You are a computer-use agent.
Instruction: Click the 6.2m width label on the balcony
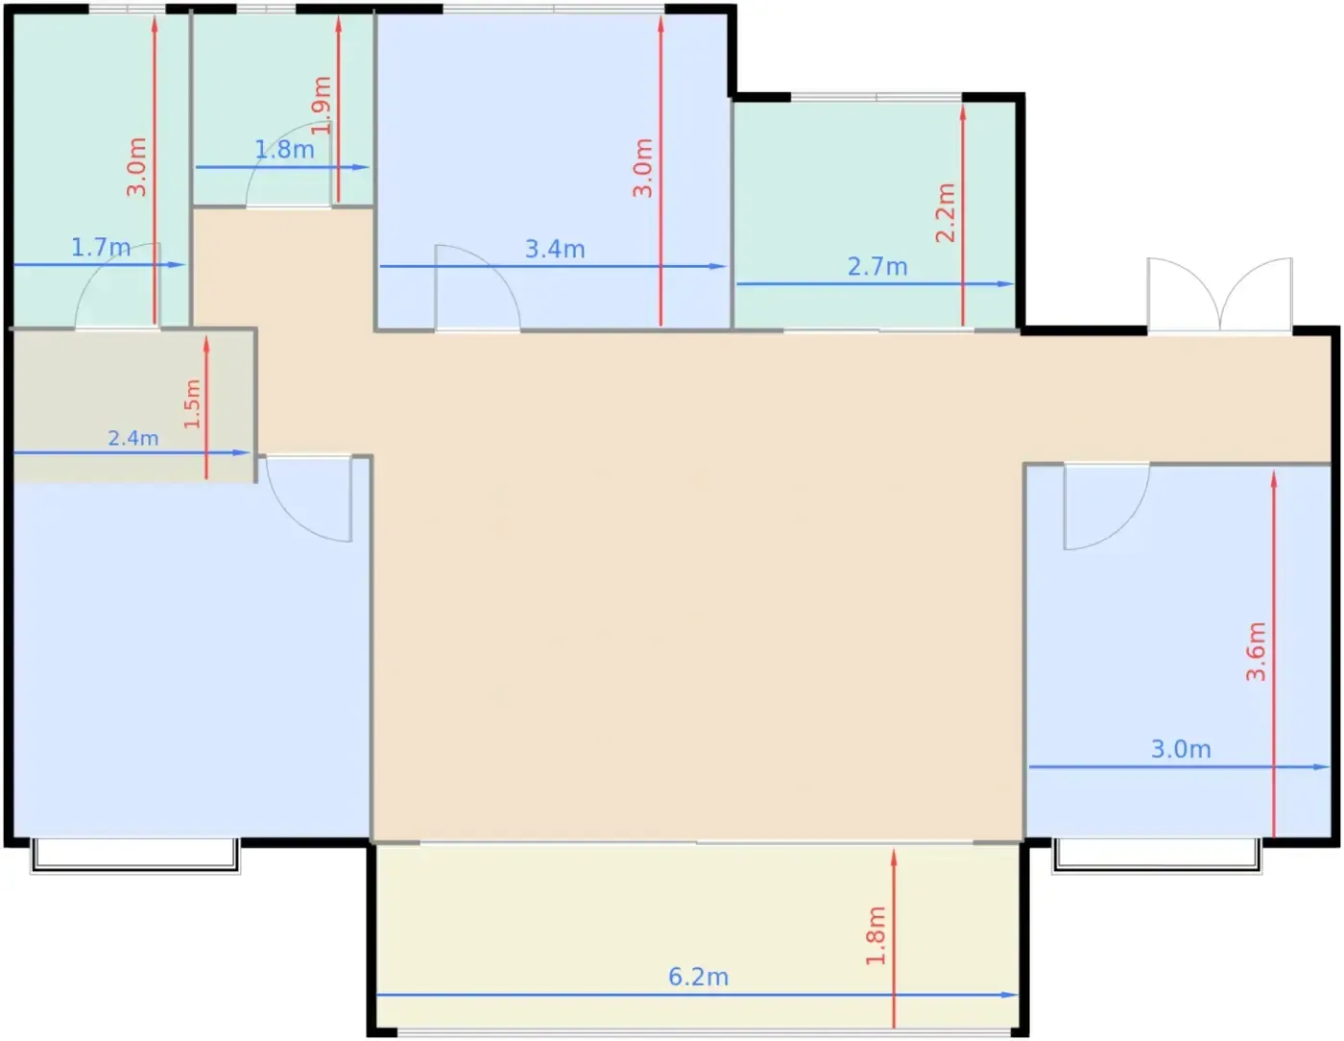[698, 978]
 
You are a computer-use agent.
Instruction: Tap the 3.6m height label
[1257, 651]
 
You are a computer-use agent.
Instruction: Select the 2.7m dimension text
[877, 267]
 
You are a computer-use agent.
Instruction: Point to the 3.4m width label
[555, 250]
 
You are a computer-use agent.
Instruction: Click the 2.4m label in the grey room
[133, 438]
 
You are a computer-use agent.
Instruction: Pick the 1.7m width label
[101, 248]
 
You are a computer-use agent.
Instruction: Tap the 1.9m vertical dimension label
[323, 105]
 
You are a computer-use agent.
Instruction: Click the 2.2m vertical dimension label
[946, 213]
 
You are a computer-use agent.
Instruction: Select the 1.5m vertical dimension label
[192, 404]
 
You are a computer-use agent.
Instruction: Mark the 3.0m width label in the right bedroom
[1181, 749]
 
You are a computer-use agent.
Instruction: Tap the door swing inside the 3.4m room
[477, 288]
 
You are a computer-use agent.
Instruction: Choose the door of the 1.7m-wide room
[117, 285]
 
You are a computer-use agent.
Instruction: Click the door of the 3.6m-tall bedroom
[1107, 506]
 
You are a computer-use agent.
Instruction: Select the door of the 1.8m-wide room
[289, 164]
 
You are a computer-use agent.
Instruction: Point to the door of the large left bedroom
[308, 498]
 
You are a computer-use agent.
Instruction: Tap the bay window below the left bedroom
[135, 856]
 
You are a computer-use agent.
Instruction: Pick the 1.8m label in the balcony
[876, 935]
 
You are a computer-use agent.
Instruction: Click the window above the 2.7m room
[876, 97]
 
